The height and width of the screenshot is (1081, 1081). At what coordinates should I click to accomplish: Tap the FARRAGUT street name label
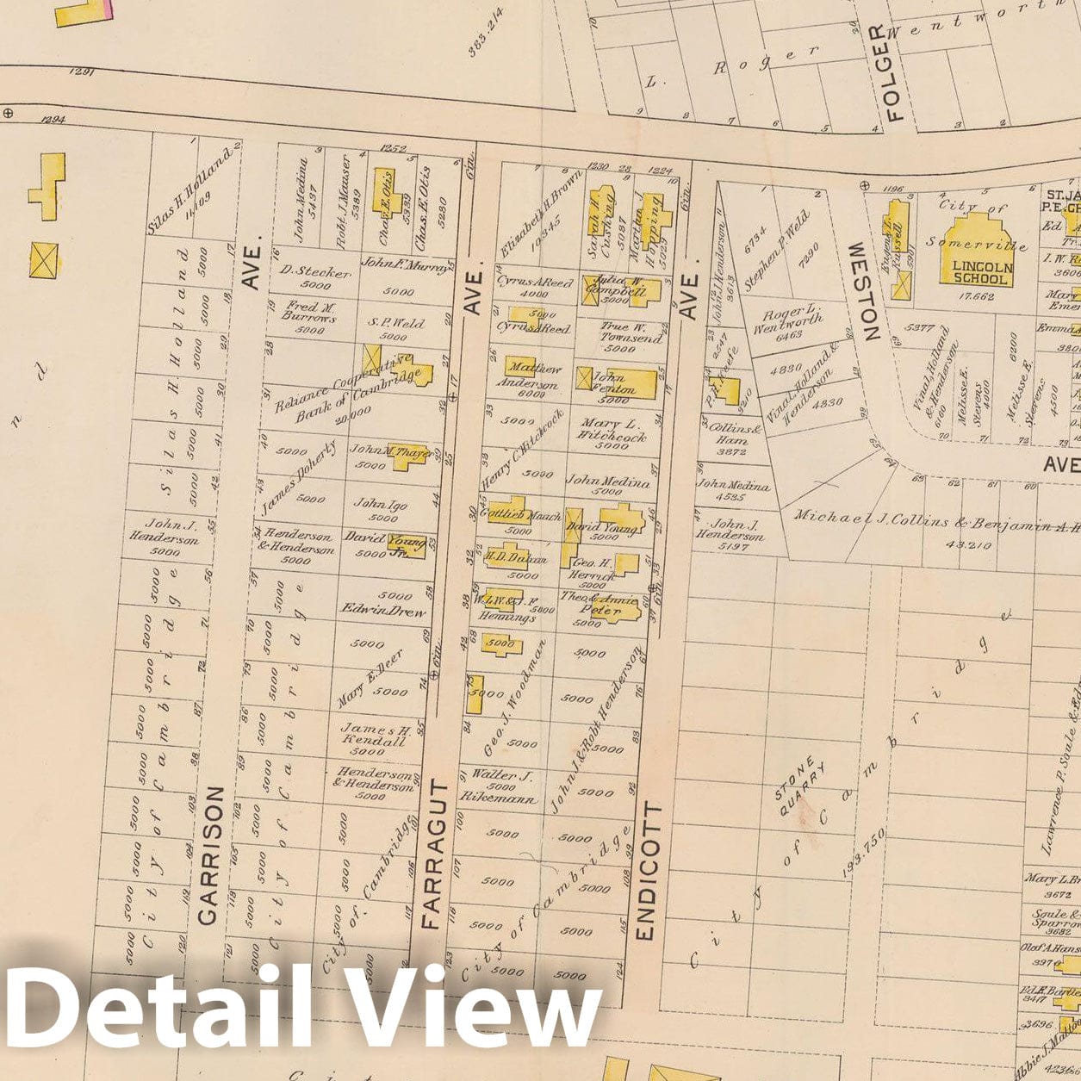(x=432, y=854)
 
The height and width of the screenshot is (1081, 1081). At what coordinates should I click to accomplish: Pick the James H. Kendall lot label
(x=372, y=736)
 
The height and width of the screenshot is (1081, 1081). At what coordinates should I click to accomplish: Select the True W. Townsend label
(x=632, y=333)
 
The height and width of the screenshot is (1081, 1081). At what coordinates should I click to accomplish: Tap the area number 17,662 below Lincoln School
(x=977, y=297)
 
